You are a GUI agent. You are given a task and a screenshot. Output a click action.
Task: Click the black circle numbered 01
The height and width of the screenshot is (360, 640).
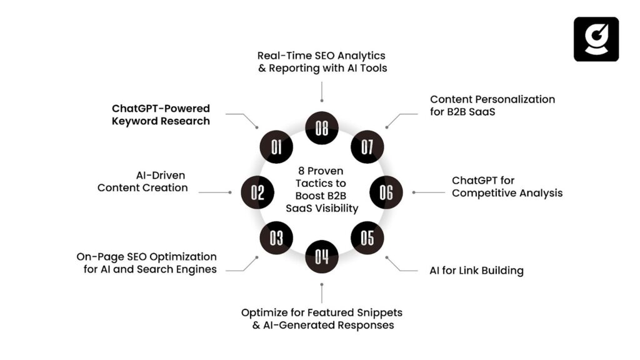[x=276, y=147]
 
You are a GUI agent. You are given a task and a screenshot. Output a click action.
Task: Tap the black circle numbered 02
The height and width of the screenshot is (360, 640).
[x=258, y=192]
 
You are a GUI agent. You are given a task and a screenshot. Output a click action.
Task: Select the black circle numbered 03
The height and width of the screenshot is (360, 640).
[x=276, y=237]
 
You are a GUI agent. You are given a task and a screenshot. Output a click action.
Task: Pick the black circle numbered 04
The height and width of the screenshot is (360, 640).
[x=321, y=256]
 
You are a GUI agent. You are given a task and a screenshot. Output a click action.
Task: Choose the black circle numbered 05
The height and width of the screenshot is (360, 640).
[x=367, y=237]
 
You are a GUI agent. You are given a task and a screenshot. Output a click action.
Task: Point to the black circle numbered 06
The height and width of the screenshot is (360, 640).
[x=386, y=192]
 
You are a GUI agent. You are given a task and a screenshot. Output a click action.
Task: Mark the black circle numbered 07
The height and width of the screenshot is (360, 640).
[x=367, y=147]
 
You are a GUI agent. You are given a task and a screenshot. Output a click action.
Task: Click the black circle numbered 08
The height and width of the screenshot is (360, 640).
[x=321, y=128]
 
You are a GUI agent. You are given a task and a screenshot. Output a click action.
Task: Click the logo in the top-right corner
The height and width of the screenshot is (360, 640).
[x=596, y=39]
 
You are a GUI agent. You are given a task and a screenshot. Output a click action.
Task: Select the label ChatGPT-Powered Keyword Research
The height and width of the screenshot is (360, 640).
[x=161, y=115]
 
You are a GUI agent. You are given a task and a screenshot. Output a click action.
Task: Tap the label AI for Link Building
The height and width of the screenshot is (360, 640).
[x=476, y=271]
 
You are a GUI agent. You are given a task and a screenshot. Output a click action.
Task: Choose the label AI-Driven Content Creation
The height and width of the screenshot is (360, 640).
[x=142, y=181]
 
